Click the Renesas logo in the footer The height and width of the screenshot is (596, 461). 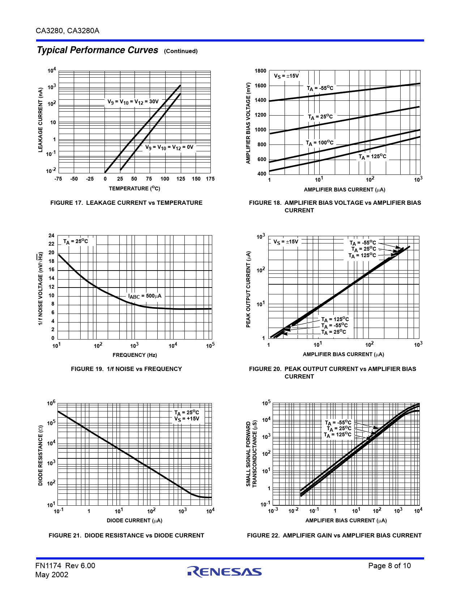pyautogui.click(x=224, y=571)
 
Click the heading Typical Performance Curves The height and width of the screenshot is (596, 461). pyautogui.click(x=98, y=50)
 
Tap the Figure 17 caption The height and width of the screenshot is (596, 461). pyautogui.click(x=126, y=203)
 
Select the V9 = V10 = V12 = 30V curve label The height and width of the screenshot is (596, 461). pyautogui.click(x=133, y=102)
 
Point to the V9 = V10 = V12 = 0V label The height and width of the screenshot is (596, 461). pyautogui.click(x=169, y=147)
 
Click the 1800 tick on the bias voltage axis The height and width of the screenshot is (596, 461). pyautogui.click(x=260, y=71)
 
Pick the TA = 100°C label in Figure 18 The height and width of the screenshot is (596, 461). pyautogui.click(x=320, y=143)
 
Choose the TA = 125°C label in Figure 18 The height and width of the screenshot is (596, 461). pyautogui.click(x=372, y=157)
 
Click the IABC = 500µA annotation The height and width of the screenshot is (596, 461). pyautogui.click(x=145, y=296)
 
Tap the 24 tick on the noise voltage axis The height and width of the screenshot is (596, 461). pyautogui.click(x=52, y=236)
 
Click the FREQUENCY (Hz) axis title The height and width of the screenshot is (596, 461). pyautogui.click(x=135, y=355)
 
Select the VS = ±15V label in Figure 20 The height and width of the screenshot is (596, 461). pyautogui.click(x=286, y=242)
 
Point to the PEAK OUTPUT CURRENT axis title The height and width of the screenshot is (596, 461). pyautogui.click(x=248, y=289)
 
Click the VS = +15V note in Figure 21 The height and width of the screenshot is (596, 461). pyautogui.click(x=187, y=419)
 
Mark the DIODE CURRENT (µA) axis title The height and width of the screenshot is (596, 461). pyautogui.click(x=134, y=521)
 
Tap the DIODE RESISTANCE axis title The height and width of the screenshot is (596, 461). pyautogui.click(x=40, y=455)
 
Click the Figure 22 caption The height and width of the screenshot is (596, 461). pyautogui.click(x=334, y=536)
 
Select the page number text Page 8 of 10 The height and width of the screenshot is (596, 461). pyautogui.click(x=389, y=566)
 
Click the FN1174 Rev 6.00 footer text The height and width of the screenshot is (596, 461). pyautogui.click(x=65, y=566)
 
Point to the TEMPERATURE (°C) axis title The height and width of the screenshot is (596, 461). pyautogui.click(x=134, y=189)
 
